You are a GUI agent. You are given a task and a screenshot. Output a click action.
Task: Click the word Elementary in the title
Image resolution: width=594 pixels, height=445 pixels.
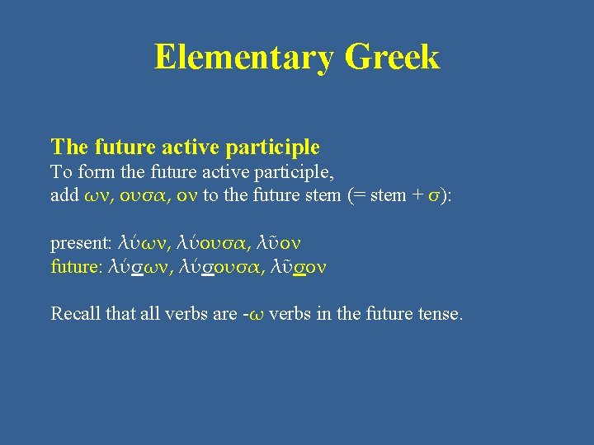point(243,58)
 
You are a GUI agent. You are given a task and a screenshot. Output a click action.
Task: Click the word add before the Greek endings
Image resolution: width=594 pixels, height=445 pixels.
point(65,195)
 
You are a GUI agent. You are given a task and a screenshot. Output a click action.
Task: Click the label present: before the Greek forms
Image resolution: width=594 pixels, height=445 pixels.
point(80,244)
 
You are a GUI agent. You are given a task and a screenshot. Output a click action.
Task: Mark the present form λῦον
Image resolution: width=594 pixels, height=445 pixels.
point(280,243)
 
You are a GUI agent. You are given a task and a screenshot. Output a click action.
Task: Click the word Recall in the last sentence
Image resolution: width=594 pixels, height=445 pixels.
point(75,314)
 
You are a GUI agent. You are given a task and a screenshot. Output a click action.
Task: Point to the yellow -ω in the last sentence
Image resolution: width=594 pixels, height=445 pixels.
point(259,315)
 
